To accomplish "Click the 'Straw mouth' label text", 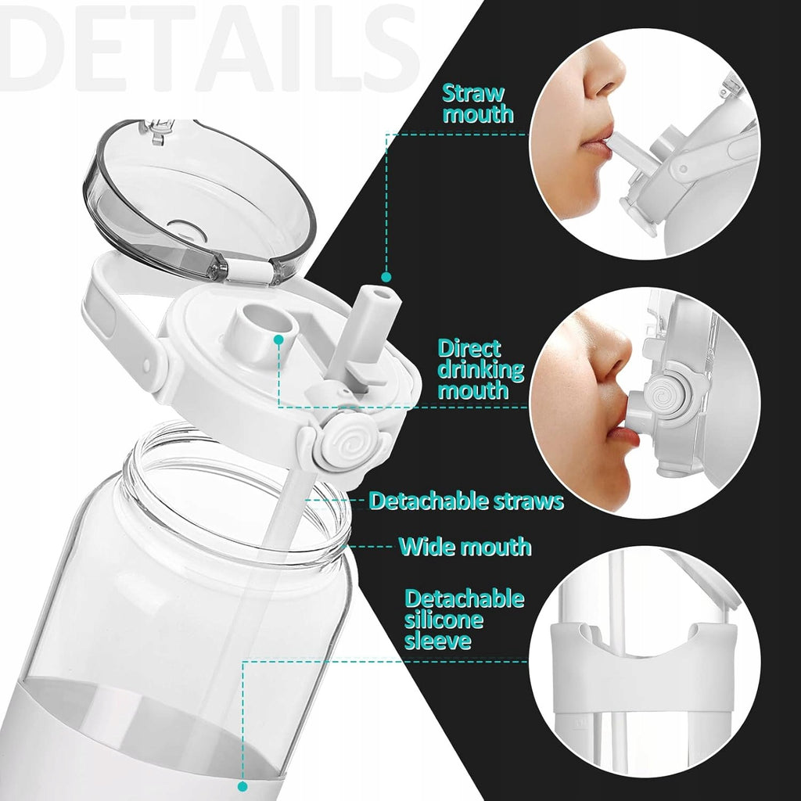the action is coord(478,104).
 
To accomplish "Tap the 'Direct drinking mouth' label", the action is coord(481,369).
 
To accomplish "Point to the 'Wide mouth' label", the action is coord(465,547).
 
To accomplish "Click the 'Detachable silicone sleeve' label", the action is coord(465,620).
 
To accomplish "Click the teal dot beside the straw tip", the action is coord(386,277).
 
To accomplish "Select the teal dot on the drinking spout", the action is coord(278,339).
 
